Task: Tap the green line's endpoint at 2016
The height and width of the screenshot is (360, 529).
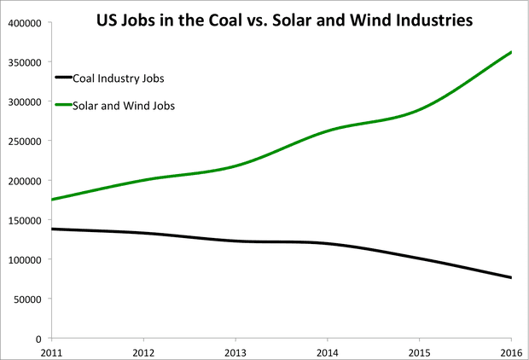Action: [511, 52]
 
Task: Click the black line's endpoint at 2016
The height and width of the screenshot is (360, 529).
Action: [511, 277]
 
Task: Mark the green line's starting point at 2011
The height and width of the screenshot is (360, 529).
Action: [52, 200]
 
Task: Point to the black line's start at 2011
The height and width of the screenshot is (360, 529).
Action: [52, 229]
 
